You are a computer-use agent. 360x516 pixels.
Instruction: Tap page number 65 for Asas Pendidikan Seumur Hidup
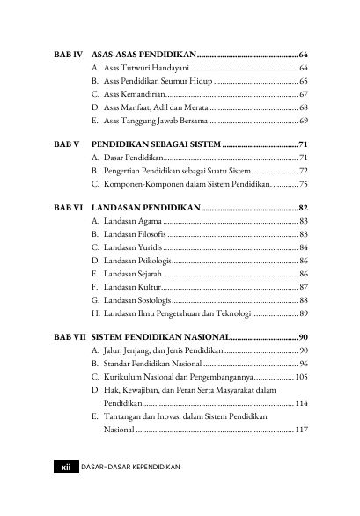[x=303, y=80]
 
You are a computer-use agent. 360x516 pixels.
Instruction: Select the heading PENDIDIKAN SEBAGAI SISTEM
[x=155, y=144]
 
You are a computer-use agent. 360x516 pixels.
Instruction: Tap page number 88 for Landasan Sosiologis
[x=303, y=299]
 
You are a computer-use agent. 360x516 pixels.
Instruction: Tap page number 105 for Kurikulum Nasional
[x=300, y=376]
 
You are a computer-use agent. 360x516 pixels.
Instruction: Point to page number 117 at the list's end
[x=300, y=431]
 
